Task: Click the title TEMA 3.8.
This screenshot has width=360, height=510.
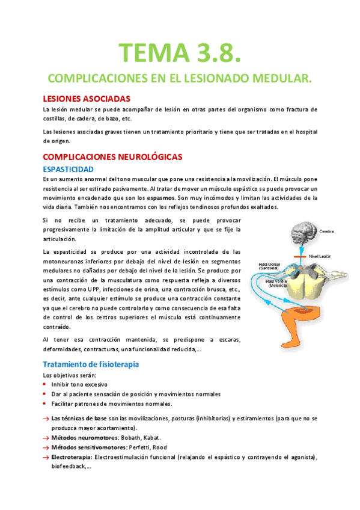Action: coord(180,52)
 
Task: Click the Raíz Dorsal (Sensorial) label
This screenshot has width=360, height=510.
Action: coord(269,266)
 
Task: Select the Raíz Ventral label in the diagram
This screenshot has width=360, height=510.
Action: coord(277,284)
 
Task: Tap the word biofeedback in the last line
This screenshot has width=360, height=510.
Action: coord(65,467)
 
